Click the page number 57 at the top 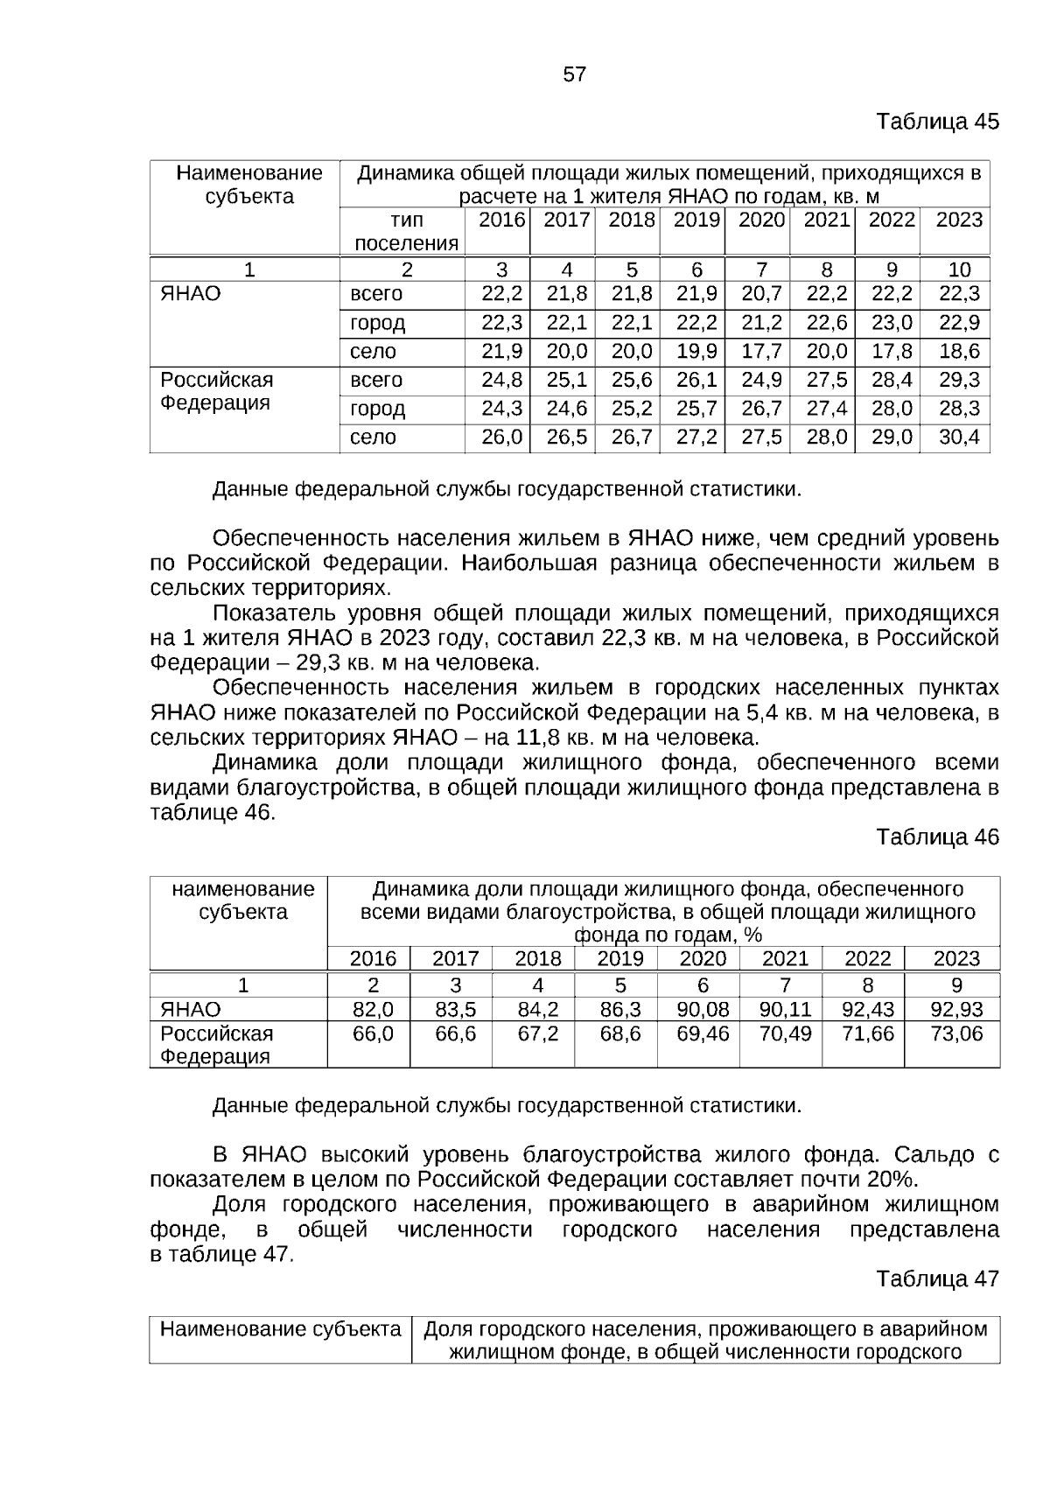[574, 74]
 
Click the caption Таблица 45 [937, 122]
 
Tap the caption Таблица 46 [937, 837]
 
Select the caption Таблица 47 [937, 1279]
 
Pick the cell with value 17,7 [761, 352]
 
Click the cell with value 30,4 [959, 438]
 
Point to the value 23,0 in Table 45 [892, 323]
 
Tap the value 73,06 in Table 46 [956, 1034]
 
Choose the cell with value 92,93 [956, 1011]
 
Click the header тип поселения [406, 232]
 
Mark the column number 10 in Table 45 [959, 270]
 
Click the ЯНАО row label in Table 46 [191, 1011]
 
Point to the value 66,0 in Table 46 [373, 1034]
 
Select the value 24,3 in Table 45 [501, 409]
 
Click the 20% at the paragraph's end [892, 1178]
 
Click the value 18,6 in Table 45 [959, 352]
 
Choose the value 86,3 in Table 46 [620, 1011]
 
